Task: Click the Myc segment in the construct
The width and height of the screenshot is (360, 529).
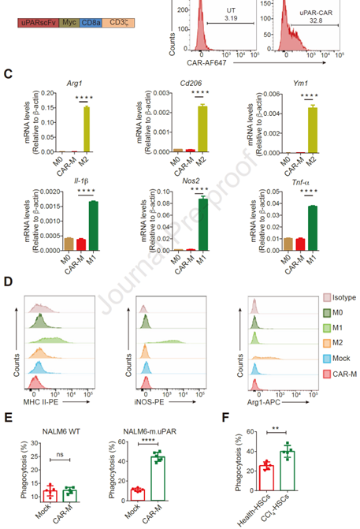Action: tap(69, 25)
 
